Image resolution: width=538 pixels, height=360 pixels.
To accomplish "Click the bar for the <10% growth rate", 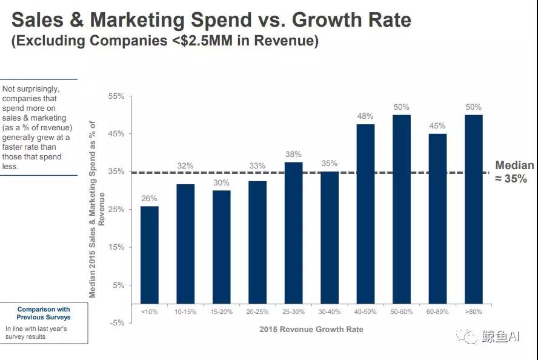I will [x=149, y=255].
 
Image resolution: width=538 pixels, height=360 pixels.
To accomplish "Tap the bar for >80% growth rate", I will [x=473, y=209].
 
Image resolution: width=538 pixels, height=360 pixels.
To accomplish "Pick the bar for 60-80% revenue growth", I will [x=437, y=218].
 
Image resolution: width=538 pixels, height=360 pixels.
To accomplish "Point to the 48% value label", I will [x=365, y=116].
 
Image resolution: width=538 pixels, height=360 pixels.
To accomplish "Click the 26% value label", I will [x=149, y=198].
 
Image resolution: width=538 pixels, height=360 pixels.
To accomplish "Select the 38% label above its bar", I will [x=293, y=154].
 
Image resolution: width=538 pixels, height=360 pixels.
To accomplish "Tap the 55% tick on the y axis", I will [x=116, y=96].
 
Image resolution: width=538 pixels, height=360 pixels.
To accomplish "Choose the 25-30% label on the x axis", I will [x=293, y=312].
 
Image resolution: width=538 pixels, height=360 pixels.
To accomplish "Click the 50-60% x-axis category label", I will [x=401, y=312].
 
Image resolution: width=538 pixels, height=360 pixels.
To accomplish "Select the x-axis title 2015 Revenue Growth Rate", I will [x=311, y=329].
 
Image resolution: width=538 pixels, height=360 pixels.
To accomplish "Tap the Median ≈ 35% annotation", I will [x=514, y=172].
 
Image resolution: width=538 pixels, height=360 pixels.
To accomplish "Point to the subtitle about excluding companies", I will [x=165, y=42].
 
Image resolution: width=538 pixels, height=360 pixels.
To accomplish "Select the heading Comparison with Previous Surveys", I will [x=44, y=313].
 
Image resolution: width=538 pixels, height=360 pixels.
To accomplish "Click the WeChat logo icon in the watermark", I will [x=468, y=336].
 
